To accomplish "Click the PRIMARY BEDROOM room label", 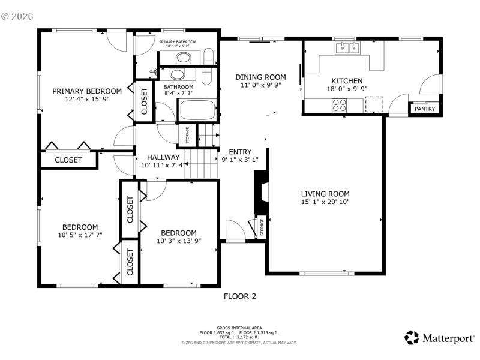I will coord(86,91).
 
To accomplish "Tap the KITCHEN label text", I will coord(347,81).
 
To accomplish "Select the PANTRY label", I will coord(425,109).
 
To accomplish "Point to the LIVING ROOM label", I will coord(325,194).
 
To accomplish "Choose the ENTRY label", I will coord(240,152).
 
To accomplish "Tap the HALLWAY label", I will coord(155,157).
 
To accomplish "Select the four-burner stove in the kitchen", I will coord(340,104).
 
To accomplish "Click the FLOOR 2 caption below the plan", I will coord(240,296).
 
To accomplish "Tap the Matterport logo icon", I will coord(412,337).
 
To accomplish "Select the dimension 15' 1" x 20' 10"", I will coord(325,202).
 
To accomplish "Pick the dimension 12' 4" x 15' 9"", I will coord(86,100).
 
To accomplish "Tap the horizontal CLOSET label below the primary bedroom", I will coord(68,160).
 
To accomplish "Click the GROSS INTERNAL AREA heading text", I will coord(239,328).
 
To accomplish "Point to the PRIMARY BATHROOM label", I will coord(177,42).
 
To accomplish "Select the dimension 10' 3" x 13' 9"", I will coord(178,241).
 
